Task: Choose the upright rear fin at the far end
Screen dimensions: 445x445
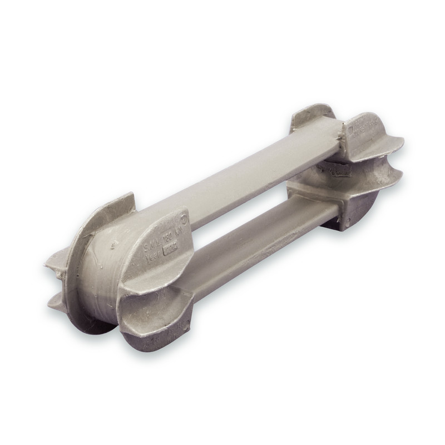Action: coord(311,113)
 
